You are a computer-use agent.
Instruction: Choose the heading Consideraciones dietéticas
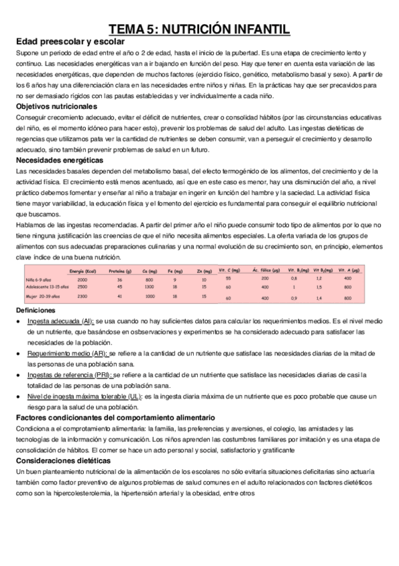point(63,460)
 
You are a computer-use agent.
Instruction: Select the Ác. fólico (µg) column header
point(268,270)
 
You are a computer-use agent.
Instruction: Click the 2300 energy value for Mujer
point(83,296)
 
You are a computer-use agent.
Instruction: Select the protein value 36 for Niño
point(120,279)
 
